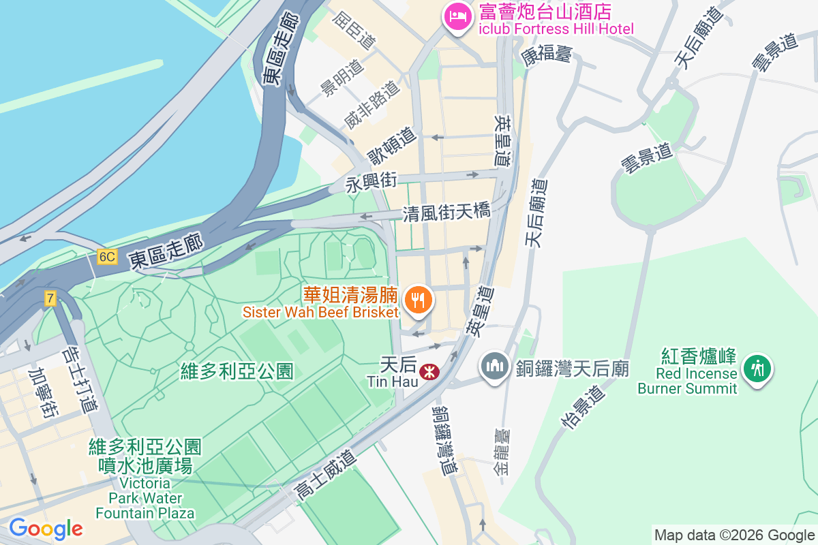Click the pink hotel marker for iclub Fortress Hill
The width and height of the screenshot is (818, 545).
[456, 16]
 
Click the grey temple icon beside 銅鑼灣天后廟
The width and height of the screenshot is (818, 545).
[494, 366]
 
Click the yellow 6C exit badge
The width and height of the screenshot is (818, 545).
[107, 257]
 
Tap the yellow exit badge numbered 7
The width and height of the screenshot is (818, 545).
[50, 298]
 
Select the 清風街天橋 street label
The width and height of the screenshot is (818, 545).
[446, 213]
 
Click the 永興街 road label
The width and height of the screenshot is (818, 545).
[371, 183]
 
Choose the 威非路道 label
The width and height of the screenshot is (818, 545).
[371, 106]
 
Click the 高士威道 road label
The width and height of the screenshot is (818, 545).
[326, 475]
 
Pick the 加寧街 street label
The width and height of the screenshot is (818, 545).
[43, 394]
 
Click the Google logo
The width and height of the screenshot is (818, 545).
[46, 529]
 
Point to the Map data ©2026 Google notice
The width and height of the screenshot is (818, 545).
[734, 535]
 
